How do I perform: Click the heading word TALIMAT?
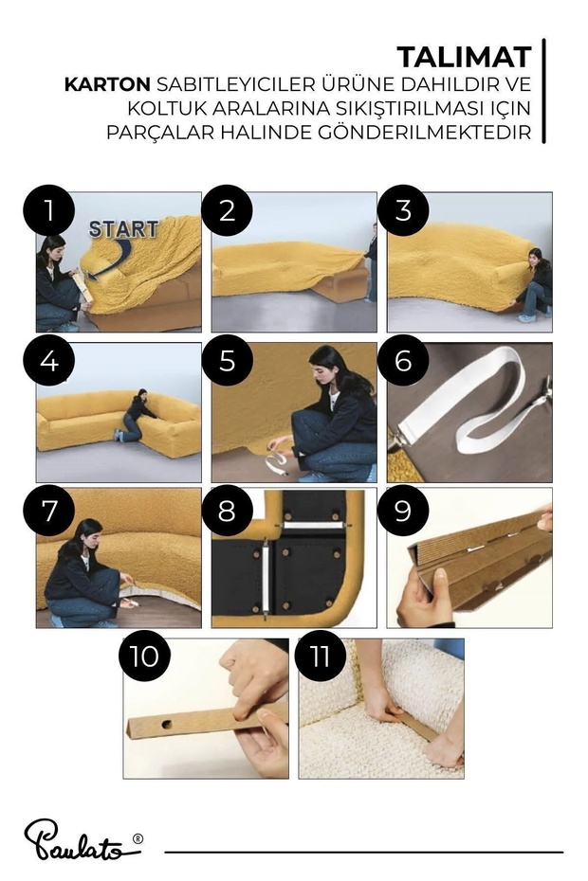coord(464,57)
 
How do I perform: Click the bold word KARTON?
coord(107,84)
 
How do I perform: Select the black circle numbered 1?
coord(49,210)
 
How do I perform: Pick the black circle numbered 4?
coord(49,360)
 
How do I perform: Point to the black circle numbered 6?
coord(403,360)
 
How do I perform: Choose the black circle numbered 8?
coord(227,511)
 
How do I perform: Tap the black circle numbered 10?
coord(144,656)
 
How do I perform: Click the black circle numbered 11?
coord(321,656)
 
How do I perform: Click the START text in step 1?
coord(123,228)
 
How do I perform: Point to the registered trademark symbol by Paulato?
coord(138,839)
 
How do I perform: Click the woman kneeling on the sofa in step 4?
coord(135,415)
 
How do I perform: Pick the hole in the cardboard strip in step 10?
coord(168,724)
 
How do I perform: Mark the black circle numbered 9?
coord(403,511)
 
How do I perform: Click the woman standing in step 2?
coord(371,262)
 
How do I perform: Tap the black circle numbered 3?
coord(403,210)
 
